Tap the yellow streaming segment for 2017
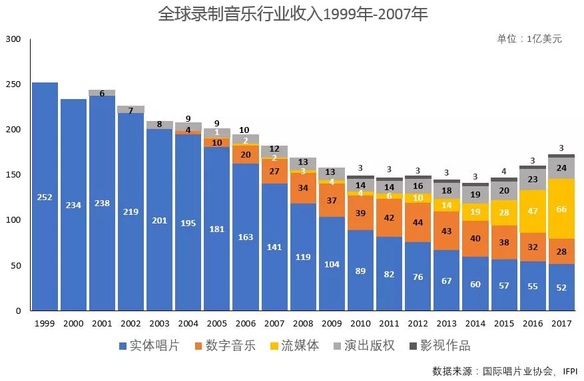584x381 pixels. click(561, 209)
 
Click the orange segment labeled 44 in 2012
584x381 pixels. click(418, 222)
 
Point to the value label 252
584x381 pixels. click(45, 197)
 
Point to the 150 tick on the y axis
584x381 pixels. click(15, 175)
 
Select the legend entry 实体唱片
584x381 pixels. click(148, 346)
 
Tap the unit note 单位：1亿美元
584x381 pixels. click(529, 39)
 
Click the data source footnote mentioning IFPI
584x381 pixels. click(504, 370)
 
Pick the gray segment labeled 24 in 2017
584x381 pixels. click(561, 168)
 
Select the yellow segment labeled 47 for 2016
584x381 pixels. click(533, 211)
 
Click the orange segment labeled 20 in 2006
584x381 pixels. click(246, 154)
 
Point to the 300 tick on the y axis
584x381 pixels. click(15, 39)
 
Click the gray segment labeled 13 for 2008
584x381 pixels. click(303, 163)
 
